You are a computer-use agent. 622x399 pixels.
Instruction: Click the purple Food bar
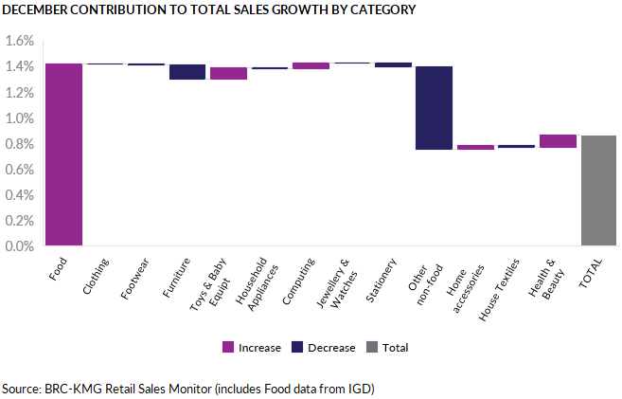click(x=63, y=154)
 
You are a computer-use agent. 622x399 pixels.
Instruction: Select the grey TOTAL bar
click(x=598, y=190)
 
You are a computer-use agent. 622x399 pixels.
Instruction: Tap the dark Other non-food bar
click(x=435, y=108)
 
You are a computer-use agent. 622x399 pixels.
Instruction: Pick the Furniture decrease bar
click(x=187, y=72)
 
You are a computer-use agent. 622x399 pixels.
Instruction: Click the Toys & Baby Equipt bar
click(x=228, y=73)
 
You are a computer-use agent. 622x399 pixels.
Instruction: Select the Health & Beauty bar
click(x=558, y=141)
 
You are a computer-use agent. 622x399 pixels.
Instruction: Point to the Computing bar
click(x=311, y=65)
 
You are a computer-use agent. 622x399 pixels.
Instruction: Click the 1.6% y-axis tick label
click(x=19, y=42)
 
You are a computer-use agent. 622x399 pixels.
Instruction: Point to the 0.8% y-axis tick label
click(x=19, y=144)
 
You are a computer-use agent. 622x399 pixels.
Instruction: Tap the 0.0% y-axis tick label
click(x=19, y=246)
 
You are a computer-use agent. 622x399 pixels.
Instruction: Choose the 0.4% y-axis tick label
click(x=19, y=195)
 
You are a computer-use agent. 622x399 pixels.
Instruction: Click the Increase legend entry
click(x=252, y=348)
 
